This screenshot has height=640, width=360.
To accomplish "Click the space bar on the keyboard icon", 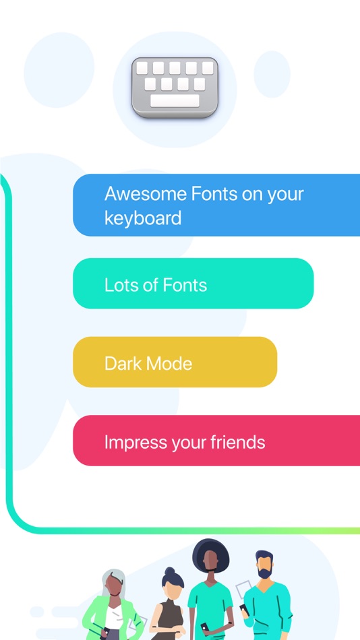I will (x=175, y=101).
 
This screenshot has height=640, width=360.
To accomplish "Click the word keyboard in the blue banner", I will (x=143, y=218).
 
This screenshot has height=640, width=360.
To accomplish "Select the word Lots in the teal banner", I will (x=120, y=285).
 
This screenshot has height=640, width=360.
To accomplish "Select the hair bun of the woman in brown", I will (x=169, y=571).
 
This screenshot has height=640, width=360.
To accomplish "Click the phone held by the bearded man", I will (x=243, y=608).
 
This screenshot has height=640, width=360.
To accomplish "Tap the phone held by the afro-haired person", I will (x=204, y=627).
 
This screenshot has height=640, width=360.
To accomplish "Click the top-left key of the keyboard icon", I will (x=142, y=68).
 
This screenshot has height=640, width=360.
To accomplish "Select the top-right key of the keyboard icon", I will (x=208, y=68).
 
